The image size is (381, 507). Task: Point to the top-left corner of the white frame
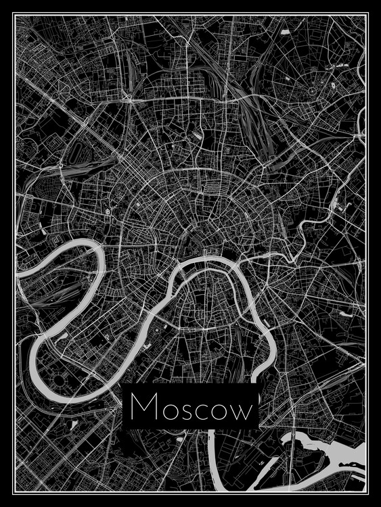[x=17, y=17]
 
